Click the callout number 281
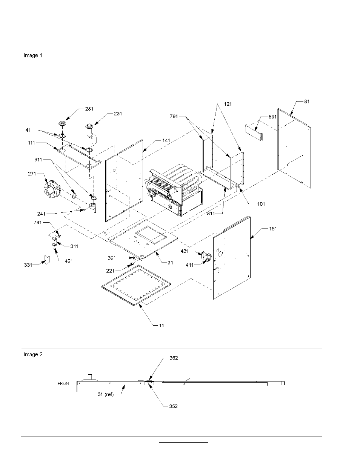click(x=89, y=109)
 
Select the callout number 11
click(x=162, y=325)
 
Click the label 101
click(x=261, y=204)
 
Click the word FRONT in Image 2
click(x=64, y=383)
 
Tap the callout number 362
click(x=173, y=358)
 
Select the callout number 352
click(x=173, y=406)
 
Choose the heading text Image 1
click(x=33, y=55)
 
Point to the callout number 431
click(x=185, y=251)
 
